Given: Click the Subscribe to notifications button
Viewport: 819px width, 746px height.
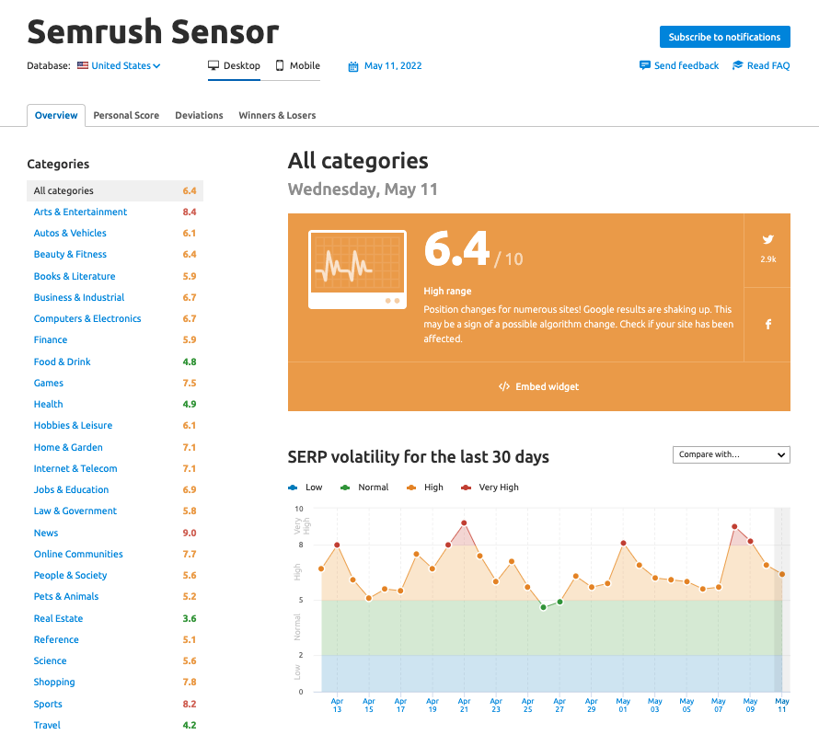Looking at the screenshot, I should click(x=724, y=37).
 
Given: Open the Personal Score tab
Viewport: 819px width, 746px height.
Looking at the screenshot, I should click(x=126, y=115).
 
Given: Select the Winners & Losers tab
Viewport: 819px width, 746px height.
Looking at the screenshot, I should click(x=277, y=115).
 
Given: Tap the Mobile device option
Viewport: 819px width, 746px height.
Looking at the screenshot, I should click(x=298, y=65).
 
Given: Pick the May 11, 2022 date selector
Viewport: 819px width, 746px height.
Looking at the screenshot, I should click(x=386, y=65).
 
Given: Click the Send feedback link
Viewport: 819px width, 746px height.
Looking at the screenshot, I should click(x=679, y=65).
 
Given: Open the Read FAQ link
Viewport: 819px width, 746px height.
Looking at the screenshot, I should click(x=761, y=65).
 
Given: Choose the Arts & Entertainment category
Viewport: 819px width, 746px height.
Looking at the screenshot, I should click(x=80, y=212).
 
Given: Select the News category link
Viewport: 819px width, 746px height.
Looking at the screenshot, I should click(x=46, y=533).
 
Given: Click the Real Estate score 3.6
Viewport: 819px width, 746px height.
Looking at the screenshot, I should click(x=189, y=618).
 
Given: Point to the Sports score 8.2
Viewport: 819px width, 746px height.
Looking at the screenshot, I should click(x=189, y=704).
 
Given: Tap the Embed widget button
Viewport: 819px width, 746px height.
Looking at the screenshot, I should click(x=538, y=386).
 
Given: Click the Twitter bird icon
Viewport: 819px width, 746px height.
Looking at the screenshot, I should click(x=767, y=240).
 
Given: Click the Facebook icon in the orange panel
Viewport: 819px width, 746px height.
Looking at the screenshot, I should click(x=767, y=324).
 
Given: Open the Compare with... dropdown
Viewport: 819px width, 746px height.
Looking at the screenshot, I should click(x=732, y=454).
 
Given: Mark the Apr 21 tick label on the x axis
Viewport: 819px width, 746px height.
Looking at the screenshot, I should click(x=464, y=704).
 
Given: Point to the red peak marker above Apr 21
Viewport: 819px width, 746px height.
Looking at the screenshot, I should click(x=464, y=522).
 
